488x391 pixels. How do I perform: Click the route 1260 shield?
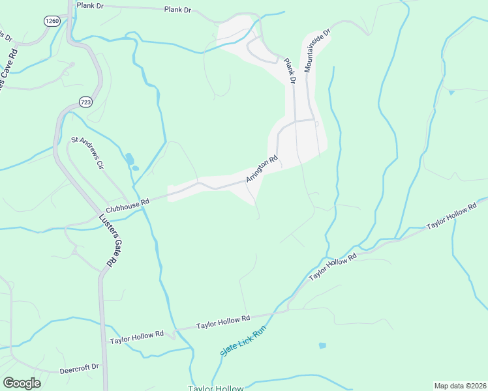52,22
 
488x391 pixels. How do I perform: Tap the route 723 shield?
85,102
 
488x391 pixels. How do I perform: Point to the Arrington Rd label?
262,168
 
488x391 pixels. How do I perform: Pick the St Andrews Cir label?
87,152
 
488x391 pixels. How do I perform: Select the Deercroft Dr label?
79,368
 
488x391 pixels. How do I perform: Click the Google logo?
22,383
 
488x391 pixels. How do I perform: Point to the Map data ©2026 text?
460,385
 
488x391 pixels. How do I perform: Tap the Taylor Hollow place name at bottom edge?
215,388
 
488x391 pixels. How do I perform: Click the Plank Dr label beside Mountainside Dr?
289,71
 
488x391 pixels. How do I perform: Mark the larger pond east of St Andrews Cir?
129,158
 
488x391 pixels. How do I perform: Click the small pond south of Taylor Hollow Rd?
322,345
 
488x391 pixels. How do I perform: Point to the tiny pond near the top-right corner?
451,93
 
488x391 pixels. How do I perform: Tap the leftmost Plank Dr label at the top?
89,5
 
